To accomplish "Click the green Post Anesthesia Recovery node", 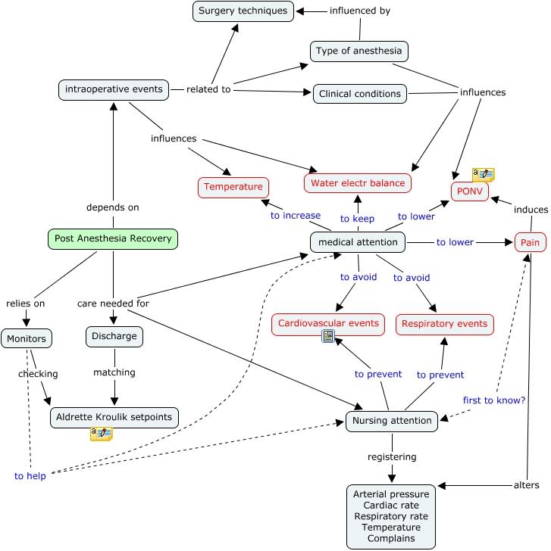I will (113, 239).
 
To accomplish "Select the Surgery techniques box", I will (243, 11).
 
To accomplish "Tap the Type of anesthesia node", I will (359, 51).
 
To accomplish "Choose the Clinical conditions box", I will (359, 94).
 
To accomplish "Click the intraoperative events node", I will (113, 89).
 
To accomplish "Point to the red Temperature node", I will (233, 186).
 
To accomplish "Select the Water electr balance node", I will (358, 183).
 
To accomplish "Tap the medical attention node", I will (358, 242).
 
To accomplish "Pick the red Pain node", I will (529, 243).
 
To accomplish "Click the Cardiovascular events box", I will (328, 324).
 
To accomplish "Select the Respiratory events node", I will (444, 324).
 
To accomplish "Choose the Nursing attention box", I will (391, 421).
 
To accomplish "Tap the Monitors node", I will (27, 338).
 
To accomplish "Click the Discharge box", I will (114, 336).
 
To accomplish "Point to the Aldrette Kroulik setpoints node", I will (114, 417).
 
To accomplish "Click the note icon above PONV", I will (483, 175).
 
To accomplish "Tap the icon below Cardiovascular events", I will (328, 337).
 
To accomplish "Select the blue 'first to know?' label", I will (494, 400).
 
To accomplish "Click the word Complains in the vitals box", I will (390, 538).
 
